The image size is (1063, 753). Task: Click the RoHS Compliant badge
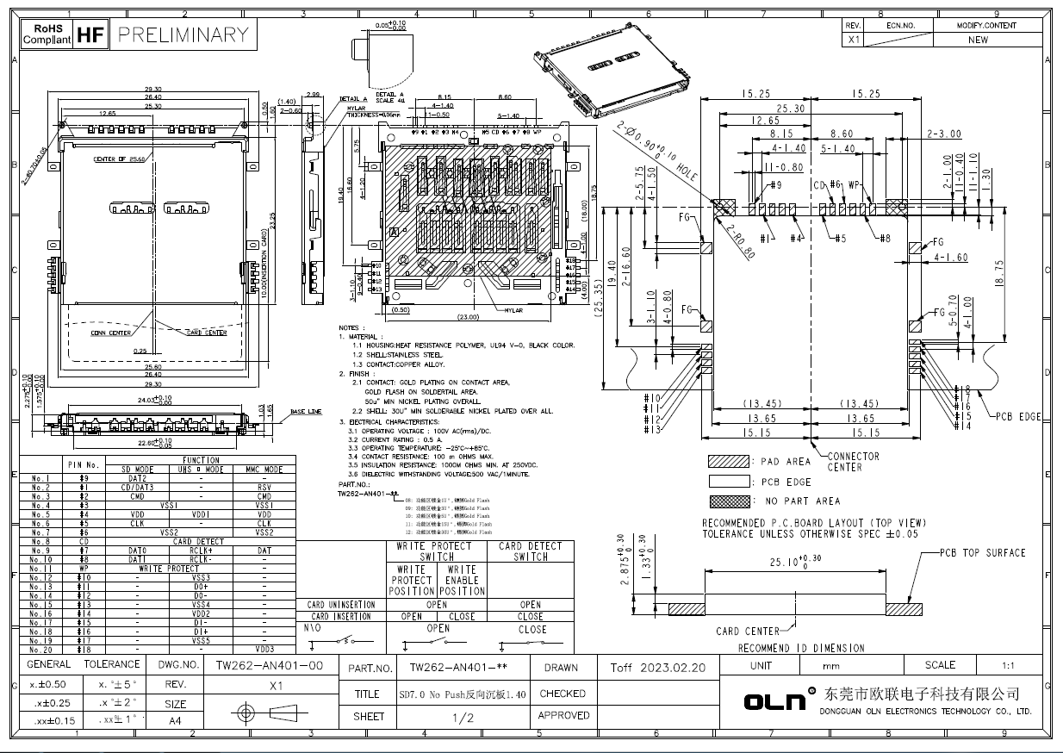click(x=47, y=34)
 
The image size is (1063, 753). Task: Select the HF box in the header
click(x=90, y=34)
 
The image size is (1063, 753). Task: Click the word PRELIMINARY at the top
click(x=183, y=34)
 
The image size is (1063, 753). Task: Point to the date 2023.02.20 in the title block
click(x=658, y=668)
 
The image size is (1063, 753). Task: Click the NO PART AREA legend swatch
click(x=729, y=501)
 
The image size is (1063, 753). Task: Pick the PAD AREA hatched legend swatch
click(x=729, y=462)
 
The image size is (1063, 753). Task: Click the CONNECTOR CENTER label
click(x=853, y=462)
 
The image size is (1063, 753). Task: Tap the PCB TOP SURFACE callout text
click(x=982, y=553)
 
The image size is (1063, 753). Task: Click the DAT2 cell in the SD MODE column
click(x=138, y=478)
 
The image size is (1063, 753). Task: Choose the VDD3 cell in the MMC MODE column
click(x=264, y=649)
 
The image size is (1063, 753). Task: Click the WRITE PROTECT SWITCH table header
click(x=437, y=551)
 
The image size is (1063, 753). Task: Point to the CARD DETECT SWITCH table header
click(x=531, y=551)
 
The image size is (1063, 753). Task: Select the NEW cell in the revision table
click(x=978, y=40)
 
